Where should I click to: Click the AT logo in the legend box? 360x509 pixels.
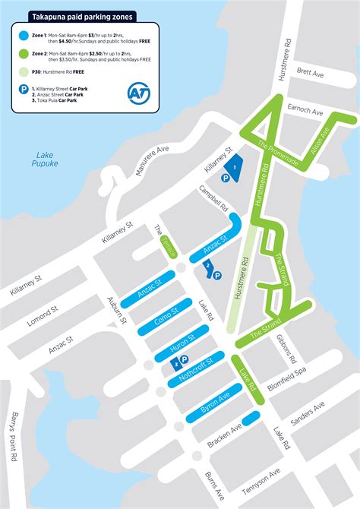(x=138, y=91)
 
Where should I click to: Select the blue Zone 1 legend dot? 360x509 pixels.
(x=22, y=34)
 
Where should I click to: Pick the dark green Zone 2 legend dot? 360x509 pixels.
(x=22, y=55)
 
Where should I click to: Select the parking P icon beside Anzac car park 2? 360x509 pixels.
(x=217, y=276)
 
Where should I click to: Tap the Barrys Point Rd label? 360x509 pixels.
(x=12, y=444)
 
